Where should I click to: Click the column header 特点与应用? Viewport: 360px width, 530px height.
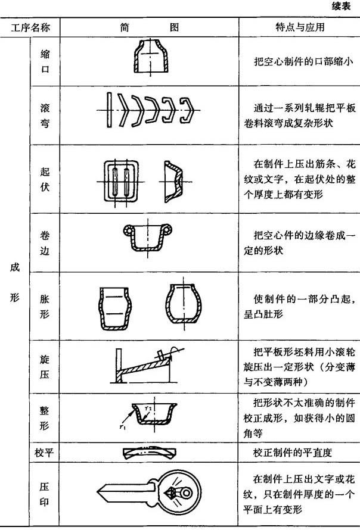click(x=300, y=27)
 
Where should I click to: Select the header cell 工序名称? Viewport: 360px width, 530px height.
click(x=30, y=27)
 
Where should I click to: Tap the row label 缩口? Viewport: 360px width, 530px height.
click(x=45, y=61)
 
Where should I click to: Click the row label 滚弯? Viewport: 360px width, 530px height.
click(x=45, y=116)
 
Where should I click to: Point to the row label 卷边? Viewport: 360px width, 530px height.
click(x=45, y=243)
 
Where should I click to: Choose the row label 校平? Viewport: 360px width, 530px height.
click(x=44, y=452)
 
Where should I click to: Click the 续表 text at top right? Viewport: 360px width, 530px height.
click(x=341, y=6)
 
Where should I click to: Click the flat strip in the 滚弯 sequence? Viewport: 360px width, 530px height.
click(x=109, y=110)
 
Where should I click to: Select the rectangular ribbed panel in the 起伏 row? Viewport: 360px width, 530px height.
click(x=121, y=181)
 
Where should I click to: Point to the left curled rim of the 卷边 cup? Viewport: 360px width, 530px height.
click(x=129, y=230)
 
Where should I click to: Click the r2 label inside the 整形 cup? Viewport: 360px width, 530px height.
click(x=148, y=409)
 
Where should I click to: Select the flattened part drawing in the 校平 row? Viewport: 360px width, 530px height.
click(x=150, y=452)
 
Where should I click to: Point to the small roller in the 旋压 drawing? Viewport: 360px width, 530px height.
click(x=162, y=356)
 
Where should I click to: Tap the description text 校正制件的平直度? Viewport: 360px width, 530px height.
click(x=292, y=452)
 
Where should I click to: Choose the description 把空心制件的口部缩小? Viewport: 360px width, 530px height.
click(x=303, y=61)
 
